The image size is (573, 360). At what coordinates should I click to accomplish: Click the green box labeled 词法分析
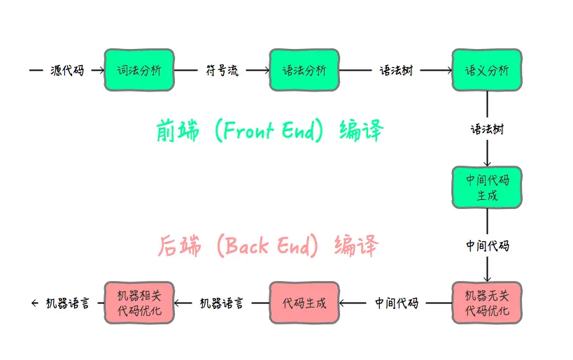pyautogui.click(x=139, y=70)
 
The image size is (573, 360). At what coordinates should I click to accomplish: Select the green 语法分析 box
pyautogui.click(x=304, y=70)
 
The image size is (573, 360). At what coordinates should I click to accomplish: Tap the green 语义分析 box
pyautogui.click(x=487, y=70)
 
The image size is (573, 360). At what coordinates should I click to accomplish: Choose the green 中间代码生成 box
pyautogui.click(x=487, y=187)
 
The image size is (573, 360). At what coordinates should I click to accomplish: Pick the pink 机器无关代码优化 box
pyautogui.click(x=487, y=303)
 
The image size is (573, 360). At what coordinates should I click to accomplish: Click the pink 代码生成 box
pyautogui.click(x=304, y=303)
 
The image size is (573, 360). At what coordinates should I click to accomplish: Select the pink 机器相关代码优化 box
pyautogui.click(x=139, y=303)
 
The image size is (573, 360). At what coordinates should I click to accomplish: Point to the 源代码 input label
pyautogui.click(x=67, y=70)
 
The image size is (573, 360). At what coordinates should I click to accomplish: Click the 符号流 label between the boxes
pyautogui.click(x=222, y=70)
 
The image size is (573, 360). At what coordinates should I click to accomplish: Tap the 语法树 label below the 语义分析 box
pyautogui.click(x=487, y=129)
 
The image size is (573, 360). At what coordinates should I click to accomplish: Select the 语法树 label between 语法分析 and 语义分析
pyautogui.click(x=396, y=70)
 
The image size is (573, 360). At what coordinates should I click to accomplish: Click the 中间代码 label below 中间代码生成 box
pyautogui.click(x=487, y=245)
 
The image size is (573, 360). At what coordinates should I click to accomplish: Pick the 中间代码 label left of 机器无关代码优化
pyautogui.click(x=396, y=303)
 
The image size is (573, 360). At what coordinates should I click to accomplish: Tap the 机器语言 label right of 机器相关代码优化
pyautogui.click(x=222, y=303)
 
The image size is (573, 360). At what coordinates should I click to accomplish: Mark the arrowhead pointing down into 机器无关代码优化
pyautogui.click(x=487, y=278)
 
